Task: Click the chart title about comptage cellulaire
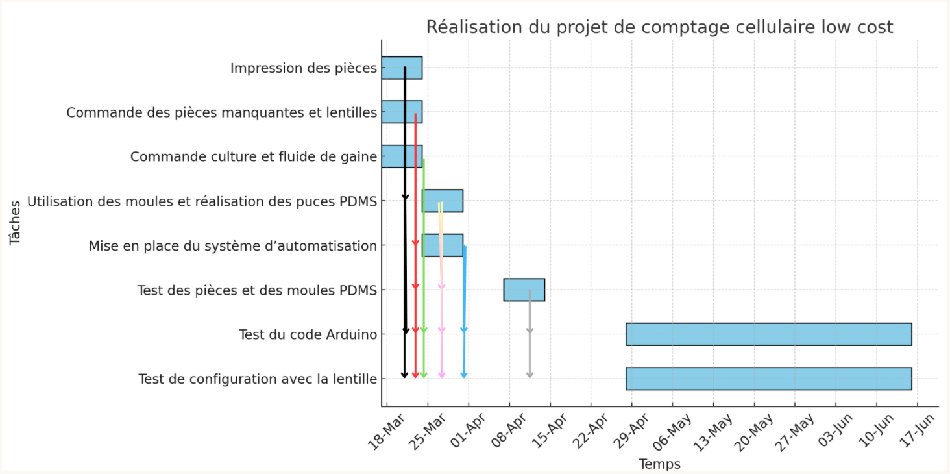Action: click(x=659, y=27)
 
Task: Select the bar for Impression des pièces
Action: click(x=402, y=68)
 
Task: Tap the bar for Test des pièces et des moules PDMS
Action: click(x=524, y=290)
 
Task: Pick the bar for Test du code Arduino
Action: click(x=769, y=334)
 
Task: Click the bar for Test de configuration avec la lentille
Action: click(x=769, y=379)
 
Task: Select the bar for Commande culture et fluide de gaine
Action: click(x=402, y=156)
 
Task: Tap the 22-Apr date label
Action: click(x=591, y=430)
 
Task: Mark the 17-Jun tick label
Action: click(x=917, y=430)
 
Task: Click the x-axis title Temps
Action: click(x=659, y=464)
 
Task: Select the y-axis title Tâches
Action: click(x=15, y=223)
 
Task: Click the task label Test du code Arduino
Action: click(x=308, y=335)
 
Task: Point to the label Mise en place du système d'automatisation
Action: click(x=233, y=246)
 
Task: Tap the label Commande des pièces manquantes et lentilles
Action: click(x=222, y=113)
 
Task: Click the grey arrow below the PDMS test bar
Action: click(x=530, y=334)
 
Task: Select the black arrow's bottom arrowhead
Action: click(x=405, y=374)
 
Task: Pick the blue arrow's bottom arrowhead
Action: click(x=464, y=374)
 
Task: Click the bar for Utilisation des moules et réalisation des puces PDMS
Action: click(x=443, y=201)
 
